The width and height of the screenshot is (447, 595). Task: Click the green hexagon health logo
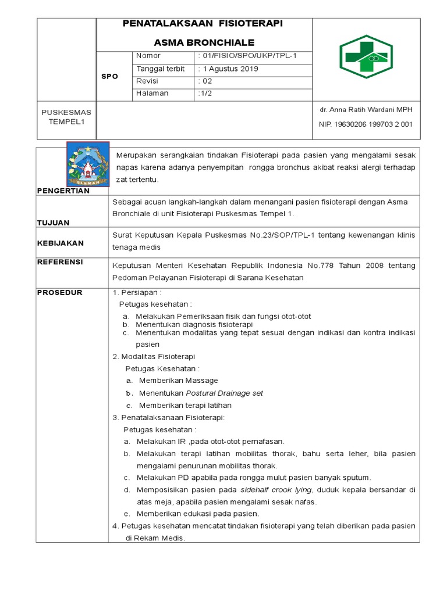366,56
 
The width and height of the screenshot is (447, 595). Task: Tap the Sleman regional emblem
87,164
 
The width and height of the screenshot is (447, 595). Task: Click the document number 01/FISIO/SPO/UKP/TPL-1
247,56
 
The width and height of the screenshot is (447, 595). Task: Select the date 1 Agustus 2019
228,69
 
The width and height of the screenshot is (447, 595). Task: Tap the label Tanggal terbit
160,69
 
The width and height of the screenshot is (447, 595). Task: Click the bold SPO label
109,76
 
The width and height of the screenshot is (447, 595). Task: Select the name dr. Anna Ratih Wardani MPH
366,109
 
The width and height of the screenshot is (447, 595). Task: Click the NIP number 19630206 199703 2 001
366,124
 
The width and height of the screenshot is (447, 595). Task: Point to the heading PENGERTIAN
63,191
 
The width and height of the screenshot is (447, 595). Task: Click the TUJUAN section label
53,223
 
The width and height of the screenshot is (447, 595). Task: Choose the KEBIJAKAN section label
60,243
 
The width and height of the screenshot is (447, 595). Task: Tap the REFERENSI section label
60,262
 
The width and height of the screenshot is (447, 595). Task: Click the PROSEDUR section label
59,292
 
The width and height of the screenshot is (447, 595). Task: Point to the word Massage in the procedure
201,380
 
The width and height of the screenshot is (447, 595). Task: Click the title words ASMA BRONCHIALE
204,42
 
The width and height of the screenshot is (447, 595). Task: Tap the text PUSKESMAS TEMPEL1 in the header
66,117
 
